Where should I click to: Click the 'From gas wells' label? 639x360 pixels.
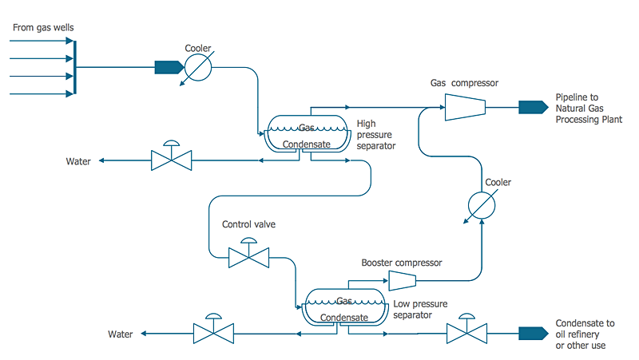coord(44,28)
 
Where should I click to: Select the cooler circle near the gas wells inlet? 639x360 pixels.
coord(197,68)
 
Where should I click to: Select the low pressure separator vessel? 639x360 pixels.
coord(345,307)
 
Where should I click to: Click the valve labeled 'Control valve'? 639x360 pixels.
coord(248,256)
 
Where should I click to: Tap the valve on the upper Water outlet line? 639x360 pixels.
coord(171,160)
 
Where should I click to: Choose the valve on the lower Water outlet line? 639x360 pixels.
coord(213,334)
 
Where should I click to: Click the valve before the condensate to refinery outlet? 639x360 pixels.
coord(466,333)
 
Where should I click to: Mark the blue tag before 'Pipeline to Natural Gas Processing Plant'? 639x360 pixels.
coord(530,107)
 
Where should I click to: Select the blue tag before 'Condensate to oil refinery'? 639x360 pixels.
coord(530,333)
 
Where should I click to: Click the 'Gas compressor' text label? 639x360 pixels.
coord(464,83)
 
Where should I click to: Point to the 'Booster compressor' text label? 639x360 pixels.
coord(401,263)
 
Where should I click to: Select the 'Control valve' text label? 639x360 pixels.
coord(248,224)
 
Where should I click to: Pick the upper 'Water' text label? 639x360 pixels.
coord(78,161)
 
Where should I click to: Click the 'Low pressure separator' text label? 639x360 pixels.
coord(420,310)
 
